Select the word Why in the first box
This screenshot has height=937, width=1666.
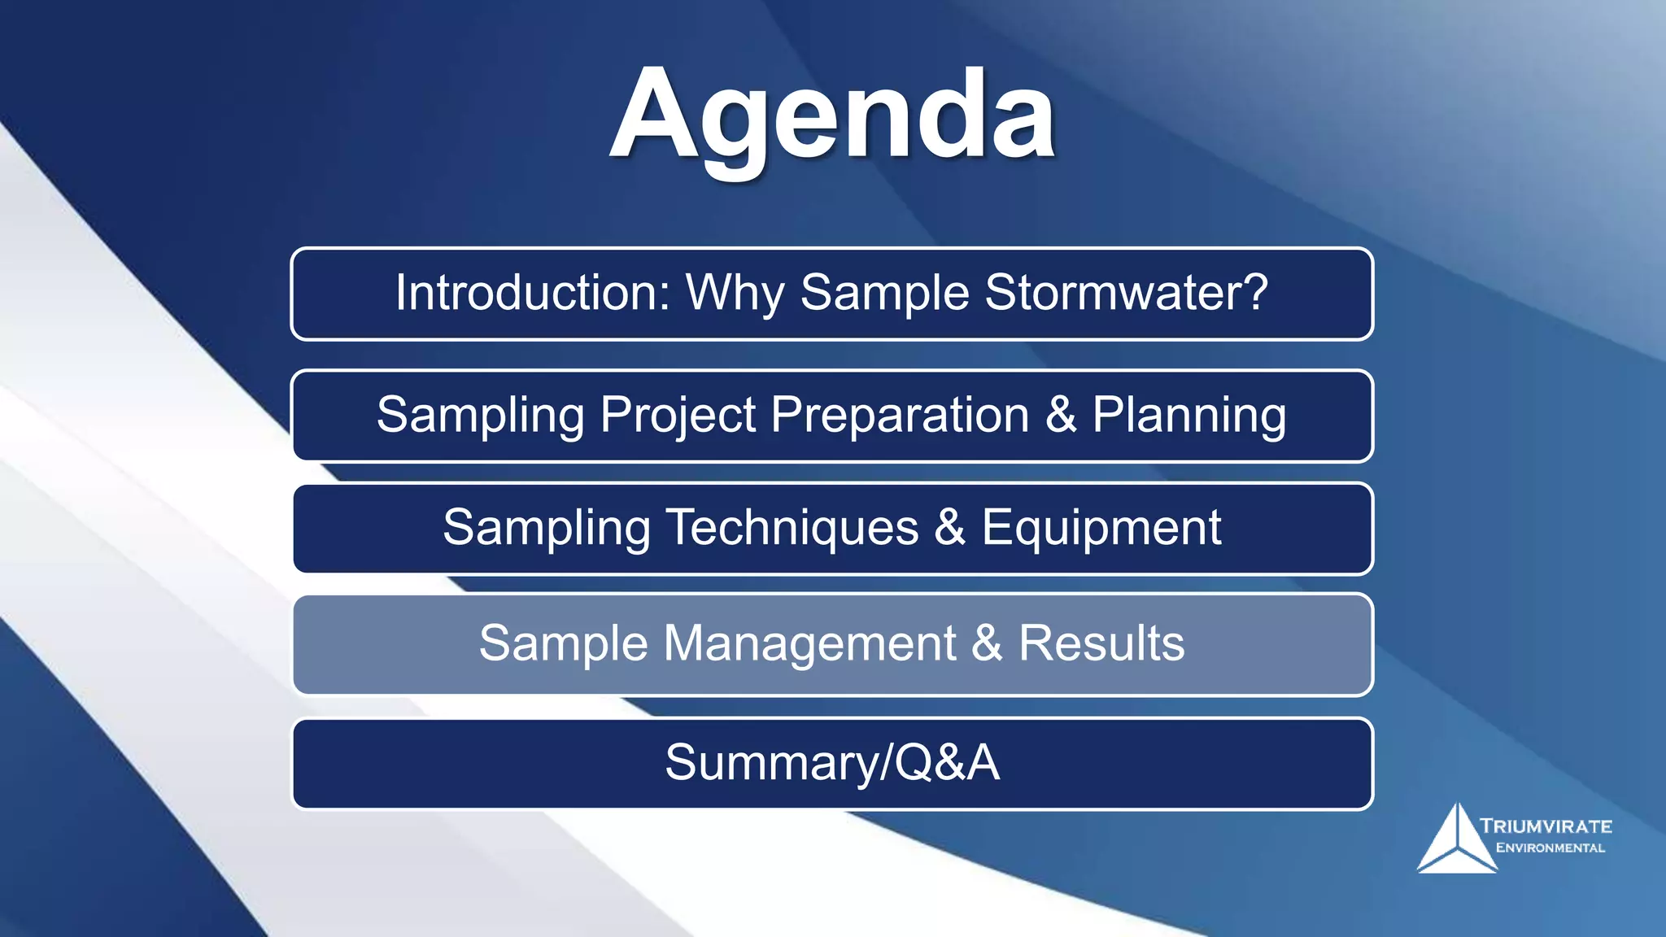point(735,294)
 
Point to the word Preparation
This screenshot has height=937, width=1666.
point(900,415)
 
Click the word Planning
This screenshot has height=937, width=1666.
point(1188,416)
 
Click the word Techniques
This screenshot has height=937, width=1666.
point(792,527)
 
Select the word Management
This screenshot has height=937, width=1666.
point(809,643)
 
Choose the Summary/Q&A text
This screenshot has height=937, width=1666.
point(832,763)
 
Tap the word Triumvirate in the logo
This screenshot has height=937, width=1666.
point(1546,826)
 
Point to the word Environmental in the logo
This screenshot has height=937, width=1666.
point(1550,848)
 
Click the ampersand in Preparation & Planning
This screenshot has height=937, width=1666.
point(1061,415)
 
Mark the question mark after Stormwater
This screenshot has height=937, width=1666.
point(1255,292)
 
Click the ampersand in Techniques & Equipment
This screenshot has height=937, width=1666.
point(949,527)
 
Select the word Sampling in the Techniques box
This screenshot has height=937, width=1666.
point(546,529)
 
